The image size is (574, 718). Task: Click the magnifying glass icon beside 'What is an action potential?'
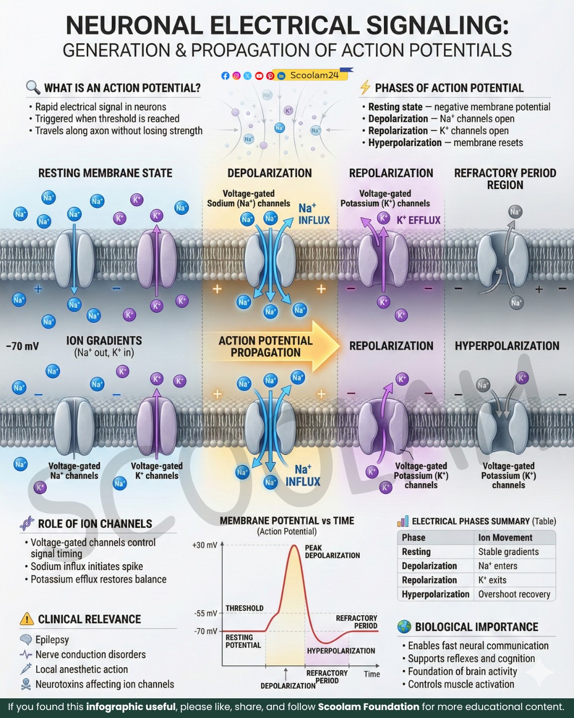(x=33, y=87)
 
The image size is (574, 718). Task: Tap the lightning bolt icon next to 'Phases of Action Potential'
(x=365, y=87)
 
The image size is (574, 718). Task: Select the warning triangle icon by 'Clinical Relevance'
(x=27, y=619)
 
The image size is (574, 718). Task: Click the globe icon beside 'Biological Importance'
(x=404, y=627)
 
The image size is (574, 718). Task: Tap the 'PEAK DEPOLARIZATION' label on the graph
(x=332, y=551)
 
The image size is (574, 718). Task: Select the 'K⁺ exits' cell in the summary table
(x=492, y=580)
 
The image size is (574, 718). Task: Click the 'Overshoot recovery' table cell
(x=514, y=594)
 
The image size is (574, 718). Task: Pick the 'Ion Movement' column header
(x=505, y=538)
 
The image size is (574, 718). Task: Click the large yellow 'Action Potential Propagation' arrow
(x=272, y=346)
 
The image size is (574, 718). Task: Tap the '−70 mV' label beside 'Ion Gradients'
(x=22, y=346)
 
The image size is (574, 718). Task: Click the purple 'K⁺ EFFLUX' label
(x=419, y=220)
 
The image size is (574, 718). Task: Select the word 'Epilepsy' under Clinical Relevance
(x=53, y=640)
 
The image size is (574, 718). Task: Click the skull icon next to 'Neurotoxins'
(x=26, y=684)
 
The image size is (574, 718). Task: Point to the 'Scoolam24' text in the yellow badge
(x=314, y=75)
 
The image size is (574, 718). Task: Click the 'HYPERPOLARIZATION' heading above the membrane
(x=507, y=346)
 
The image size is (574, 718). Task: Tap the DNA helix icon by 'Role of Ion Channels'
(x=27, y=523)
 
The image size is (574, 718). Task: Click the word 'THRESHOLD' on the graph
(x=244, y=608)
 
